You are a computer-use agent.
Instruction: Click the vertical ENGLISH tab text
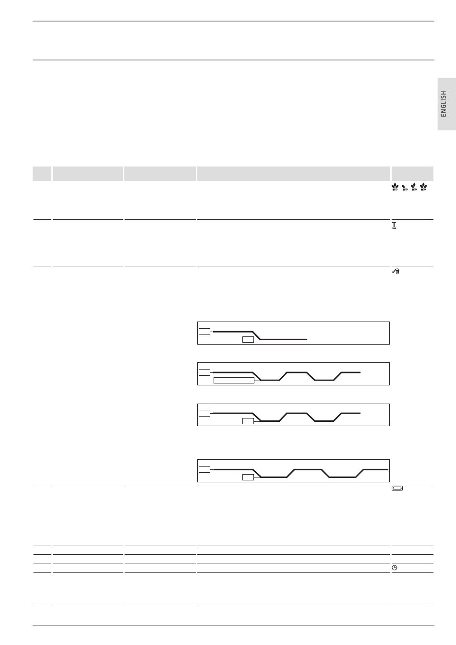pos(444,104)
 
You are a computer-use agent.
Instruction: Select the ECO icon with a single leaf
pos(405,188)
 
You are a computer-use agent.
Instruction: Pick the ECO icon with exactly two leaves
pos(414,187)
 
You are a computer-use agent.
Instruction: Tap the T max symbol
pos(394,225)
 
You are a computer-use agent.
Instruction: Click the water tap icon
pos(396,271)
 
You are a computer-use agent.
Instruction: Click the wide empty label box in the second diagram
pos(234,381)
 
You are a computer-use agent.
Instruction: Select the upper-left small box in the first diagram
pos(204,332)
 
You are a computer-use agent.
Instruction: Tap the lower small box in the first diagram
pos(248,339)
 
